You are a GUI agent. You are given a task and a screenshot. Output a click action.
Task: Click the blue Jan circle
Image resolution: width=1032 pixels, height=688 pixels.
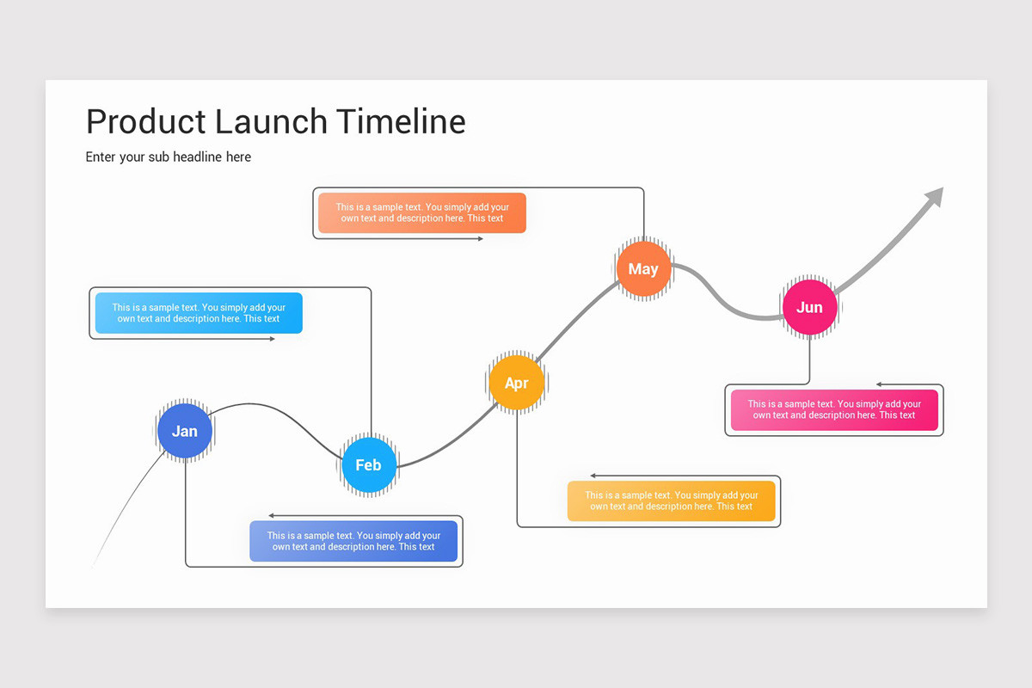pos(184,431)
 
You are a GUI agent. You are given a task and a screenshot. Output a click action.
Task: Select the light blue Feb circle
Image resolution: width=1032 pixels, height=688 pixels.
pos(368,464)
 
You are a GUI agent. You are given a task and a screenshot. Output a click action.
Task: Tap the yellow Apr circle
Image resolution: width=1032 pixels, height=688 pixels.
pos(516,383)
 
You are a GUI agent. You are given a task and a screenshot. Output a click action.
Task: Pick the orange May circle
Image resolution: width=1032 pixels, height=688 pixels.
pos(642,269)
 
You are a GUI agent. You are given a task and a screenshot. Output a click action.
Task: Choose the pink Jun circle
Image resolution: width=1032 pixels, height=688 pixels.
pos(809,307)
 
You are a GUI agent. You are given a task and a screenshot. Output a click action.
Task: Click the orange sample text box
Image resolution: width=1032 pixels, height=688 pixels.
pos(421,212)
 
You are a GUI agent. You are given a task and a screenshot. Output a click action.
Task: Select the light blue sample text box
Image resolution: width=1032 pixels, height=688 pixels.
pos(199,313)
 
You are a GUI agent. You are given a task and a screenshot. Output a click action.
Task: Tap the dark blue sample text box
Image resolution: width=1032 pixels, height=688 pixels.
pos(353,541)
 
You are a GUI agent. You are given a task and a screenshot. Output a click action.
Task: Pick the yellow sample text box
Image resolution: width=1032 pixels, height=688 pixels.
pos(671,501)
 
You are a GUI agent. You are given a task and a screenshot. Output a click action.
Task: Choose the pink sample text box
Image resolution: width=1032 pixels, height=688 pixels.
pos(834,409)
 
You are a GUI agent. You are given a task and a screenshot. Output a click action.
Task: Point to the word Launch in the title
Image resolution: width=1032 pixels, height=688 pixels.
pos(271,121)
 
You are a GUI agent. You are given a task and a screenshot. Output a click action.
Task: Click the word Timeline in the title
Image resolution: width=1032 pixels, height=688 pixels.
pos(401,121)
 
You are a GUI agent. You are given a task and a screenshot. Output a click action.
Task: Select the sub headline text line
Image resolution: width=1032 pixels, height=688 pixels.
pos(169,157)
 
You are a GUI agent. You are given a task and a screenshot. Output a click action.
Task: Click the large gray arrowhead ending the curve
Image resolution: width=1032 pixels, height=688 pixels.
pos(935,197)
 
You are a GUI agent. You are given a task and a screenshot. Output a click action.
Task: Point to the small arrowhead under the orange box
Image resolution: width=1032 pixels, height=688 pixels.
pos(480,238)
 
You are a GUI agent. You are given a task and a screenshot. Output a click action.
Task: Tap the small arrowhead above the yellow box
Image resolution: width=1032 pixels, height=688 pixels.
pos(593,476)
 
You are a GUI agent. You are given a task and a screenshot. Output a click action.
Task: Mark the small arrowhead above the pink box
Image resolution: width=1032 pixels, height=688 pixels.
pos(880,384)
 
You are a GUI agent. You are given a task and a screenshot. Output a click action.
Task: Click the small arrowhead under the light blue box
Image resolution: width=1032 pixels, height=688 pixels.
pos(272,339)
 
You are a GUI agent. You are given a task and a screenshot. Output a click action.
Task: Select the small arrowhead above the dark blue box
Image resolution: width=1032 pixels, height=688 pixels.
pos(272,515)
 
